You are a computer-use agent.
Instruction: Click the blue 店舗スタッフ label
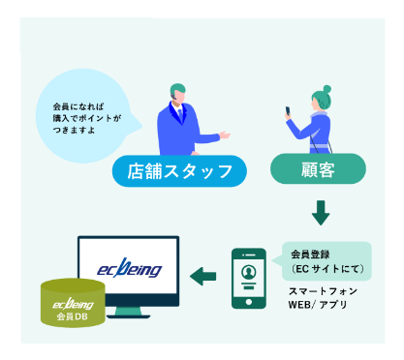pyautogui.click(x=180, y=172)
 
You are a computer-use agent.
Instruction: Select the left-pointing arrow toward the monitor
pyautogui.click(x=202, y=278)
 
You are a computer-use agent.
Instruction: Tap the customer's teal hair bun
pyautogui.click(x=326, y=90)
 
